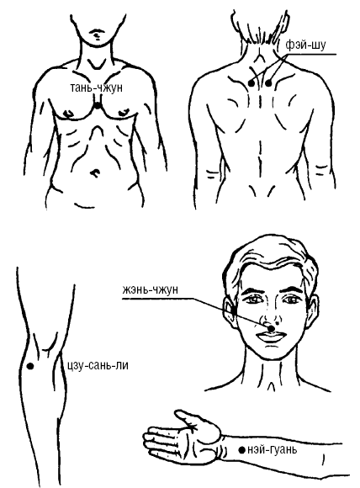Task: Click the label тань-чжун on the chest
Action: coord(97,88)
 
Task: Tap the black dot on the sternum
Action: coord(98,106)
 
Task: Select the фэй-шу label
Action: coord(305,45)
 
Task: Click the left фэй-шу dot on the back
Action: coord(251,83)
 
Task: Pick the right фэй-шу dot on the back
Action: coord(268,83)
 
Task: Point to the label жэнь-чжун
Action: coord(150,289)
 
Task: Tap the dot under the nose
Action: coord(271,328)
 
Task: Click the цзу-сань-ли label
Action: coord(98,365)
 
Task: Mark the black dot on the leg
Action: coord(30,366)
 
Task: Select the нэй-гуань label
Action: coord(272,450)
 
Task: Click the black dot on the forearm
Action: coord(241,450)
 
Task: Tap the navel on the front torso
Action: coord(95,172)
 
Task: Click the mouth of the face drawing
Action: coord(270,337)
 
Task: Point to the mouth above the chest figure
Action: coord(97,32)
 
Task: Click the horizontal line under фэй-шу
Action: coord(311,55)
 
